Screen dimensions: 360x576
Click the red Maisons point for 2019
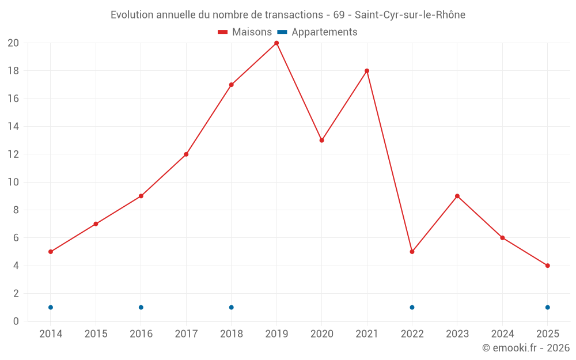[x=276, y=43]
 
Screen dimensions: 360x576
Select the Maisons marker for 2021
[x=367, y=71]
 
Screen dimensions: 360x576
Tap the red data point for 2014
[x=51, y=252]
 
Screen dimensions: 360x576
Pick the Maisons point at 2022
[x=412, y=252]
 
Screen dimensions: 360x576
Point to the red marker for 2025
[x=547, y=266]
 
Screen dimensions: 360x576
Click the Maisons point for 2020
[x=321, y=141]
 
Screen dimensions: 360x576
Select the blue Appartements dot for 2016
[x=141, y=308]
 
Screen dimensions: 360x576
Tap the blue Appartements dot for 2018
[x=232, y=308]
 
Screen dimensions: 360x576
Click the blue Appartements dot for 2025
[x=547, y=308]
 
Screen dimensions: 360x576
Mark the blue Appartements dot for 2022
[x=412, y=308]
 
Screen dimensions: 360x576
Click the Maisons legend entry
[x=245, y=32]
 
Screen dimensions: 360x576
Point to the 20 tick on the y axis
[x=13, y=43]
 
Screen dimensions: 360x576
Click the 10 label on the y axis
[x=13, y=182]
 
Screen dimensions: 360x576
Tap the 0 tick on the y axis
[x=16, y=321]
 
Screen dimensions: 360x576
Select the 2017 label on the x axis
[x=186, y=334]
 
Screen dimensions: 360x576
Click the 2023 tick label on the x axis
[x=457, y=334]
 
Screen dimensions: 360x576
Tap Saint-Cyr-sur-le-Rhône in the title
[x=410, y=15]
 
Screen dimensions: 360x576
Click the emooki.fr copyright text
[x=526, y=348]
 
